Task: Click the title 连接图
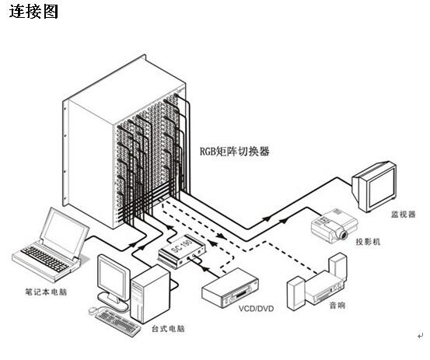coord(33,12)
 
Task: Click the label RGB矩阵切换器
coord(235,151)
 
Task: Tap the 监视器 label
coord(403,214)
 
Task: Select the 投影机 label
coord(368,242)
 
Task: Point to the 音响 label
coord(337,305)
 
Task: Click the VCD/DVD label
coord(256,309)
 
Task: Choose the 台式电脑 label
coord(168,328)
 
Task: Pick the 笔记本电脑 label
coord(46,292)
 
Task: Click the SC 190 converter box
coord(181,251)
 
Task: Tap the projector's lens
coord(343,235)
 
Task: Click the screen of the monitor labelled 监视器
coord(382,187)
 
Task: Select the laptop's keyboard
coord(44,259)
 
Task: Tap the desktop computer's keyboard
coord(118,323)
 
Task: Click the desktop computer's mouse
coord(93,310)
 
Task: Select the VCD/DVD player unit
coord(230,288)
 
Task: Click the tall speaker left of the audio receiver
coord(296,293)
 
